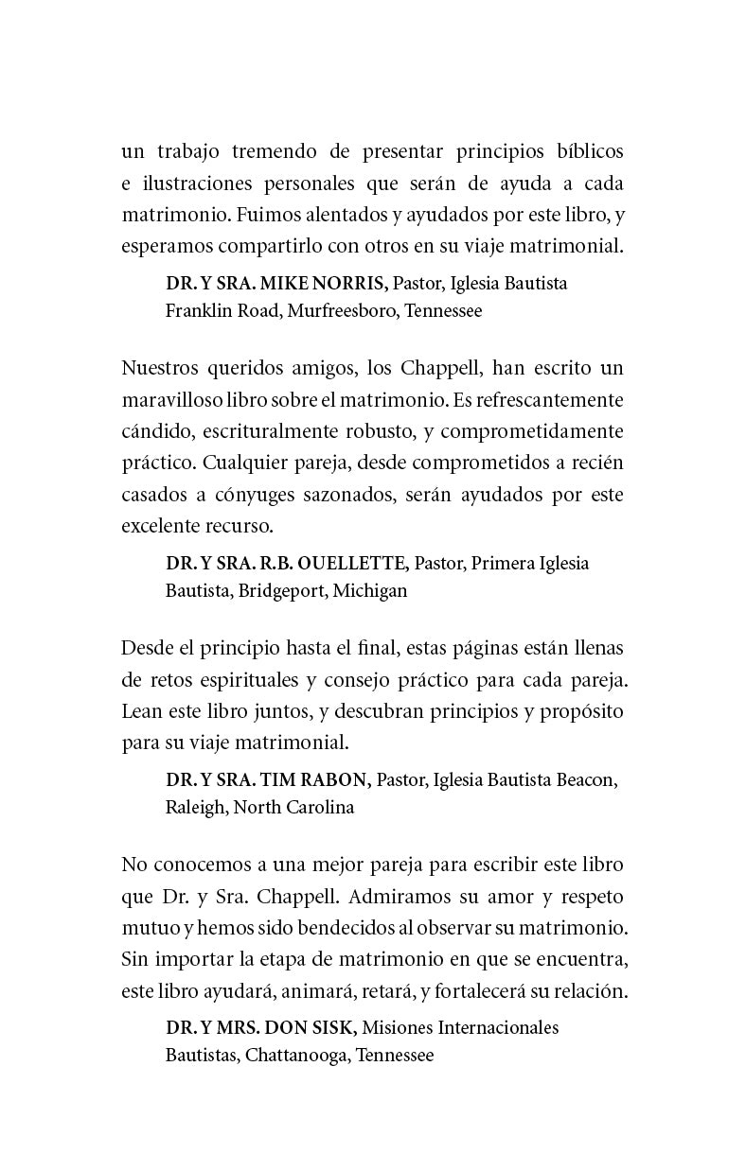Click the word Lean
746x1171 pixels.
coord(140,711)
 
